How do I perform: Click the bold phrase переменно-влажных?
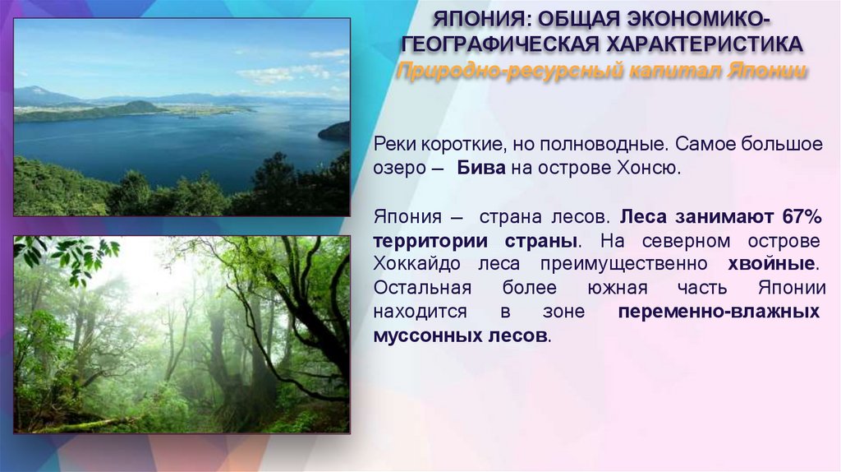pos(718,312)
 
